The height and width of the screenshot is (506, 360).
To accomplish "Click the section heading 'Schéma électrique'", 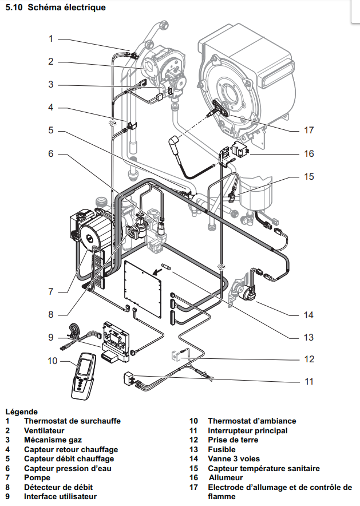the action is (x=67, y=7).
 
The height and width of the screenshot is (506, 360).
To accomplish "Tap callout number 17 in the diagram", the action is (x=308, y=130).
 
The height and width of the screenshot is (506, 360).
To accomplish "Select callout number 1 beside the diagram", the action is (x=50, y=39).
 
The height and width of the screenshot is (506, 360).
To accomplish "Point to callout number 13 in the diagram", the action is (x=308, y=337).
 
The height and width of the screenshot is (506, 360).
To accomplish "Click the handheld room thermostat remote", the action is (x=83, y=375).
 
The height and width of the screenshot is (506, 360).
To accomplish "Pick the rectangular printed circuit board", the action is (x=143, y=288).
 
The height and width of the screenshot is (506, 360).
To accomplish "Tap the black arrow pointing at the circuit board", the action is (x=157, y=272).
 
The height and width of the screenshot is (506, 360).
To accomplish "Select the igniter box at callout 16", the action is (x=240, y=149).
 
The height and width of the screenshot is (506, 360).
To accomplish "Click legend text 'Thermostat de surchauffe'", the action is (x=72, y=421).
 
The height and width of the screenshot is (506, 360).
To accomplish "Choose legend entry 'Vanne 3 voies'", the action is (x=234, y=458).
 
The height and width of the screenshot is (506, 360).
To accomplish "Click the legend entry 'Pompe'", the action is (x=37, y=477).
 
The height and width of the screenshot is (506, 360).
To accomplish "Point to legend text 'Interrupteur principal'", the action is (x=248, y=430).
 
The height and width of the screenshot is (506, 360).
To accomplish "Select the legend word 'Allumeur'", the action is (x=226, y=477).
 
